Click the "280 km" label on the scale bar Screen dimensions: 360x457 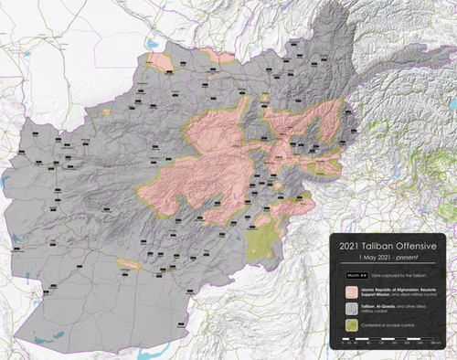tap(437, 346)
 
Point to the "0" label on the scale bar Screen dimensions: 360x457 tap(342, 346)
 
